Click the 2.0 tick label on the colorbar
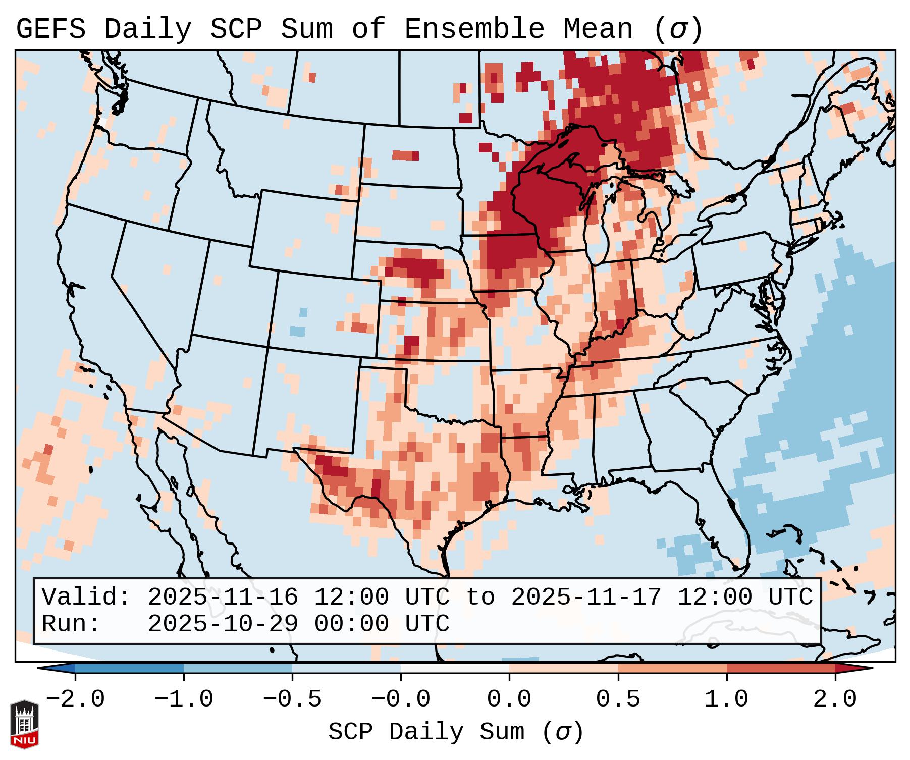[x=835, y=699]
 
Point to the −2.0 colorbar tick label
[x=75, y=699]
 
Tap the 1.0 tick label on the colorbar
[x=726, y=699]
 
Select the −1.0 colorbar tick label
[x=184, y=699]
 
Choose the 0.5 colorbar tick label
[x=618, y=699]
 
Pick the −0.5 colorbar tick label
[x=292, y=699]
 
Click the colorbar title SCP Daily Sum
[x=455, y=732]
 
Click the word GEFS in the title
[x=51, y=29]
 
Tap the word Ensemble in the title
[x=474, y=29]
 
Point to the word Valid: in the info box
[x=86, y=597]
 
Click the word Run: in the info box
[x=71, y=624]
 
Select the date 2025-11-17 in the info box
[x=586, y=597]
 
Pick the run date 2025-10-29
[x=223, y=624]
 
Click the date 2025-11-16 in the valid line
[x=223, y=597]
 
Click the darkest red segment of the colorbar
[x=780, y=668]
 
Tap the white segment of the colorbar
[x=455, y=668]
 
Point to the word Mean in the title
[x=598, y=29]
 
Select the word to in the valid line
[x=480, y=597]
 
